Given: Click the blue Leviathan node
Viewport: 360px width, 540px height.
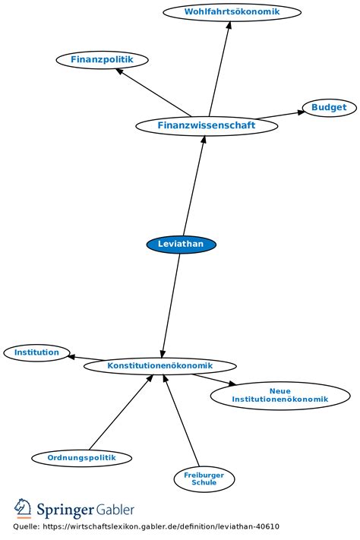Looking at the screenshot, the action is (x=182, y=244).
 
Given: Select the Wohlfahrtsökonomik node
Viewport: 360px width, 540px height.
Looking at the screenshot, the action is (x=232, y=11).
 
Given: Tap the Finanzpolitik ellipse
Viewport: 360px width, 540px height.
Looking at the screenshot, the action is (x=102, y=59).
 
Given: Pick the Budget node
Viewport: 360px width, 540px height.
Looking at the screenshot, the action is (x=329, y=107).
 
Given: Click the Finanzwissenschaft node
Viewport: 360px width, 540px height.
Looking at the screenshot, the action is (x=207, y=126).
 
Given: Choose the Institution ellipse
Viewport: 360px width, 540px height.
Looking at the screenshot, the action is (x=36, y=352).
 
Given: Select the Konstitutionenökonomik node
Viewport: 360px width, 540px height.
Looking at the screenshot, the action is (x=159, y=366).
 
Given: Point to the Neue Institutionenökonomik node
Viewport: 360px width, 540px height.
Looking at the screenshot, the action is (x=280, y=396).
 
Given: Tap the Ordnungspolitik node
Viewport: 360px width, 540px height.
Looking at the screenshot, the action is (x=82, y=458).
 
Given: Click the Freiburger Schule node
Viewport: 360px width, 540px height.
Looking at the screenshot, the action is (x=204, y=479).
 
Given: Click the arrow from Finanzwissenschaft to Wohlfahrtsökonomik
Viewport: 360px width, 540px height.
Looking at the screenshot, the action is (x=219, y=69).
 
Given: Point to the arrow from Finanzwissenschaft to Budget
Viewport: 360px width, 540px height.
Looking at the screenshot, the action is (x=282, y=115).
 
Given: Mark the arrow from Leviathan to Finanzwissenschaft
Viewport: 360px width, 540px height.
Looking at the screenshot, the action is (x=194, y=185).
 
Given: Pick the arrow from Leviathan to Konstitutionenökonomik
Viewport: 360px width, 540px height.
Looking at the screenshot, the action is (x=171, y=305).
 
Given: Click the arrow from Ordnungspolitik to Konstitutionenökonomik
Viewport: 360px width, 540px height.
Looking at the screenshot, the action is (x=121, y=412).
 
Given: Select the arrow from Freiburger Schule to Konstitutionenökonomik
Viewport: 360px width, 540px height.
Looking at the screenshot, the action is (x=182, y=421).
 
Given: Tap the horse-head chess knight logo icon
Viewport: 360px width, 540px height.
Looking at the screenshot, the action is (x=23, y=508).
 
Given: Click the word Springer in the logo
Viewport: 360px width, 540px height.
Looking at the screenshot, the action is (x=65, y=510).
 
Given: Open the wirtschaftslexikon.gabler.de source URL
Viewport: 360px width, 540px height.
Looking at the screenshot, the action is (x=161, y=526).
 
